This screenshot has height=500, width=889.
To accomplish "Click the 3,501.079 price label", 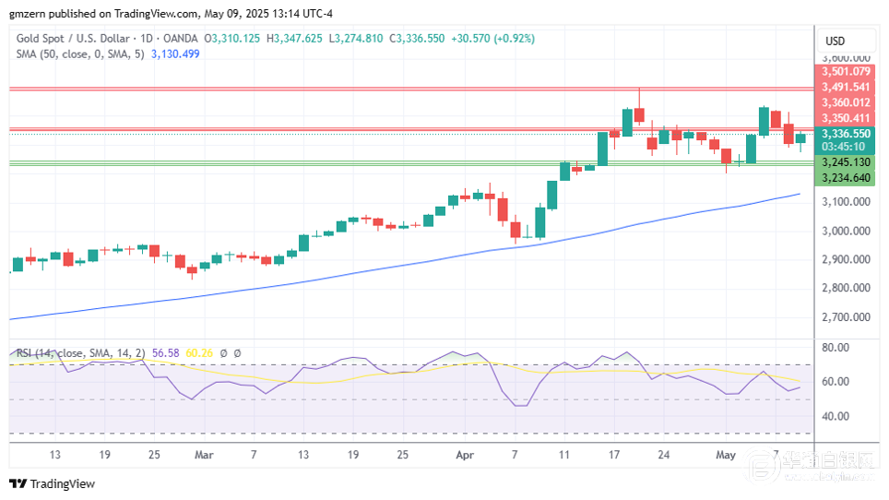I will (844, 71).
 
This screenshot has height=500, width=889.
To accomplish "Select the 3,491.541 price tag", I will (844, 87).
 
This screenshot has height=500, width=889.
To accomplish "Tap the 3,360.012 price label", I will (844, 102).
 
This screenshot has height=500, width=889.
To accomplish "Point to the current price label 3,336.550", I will (844, 134).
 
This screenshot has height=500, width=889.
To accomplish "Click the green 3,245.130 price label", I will (844, 162).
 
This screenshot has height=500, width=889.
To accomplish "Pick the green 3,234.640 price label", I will (844, 178).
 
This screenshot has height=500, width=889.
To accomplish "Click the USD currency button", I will (836, 42).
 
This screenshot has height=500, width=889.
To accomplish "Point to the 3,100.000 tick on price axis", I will (844, 202).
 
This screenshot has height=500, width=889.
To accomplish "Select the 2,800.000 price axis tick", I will (844, 289).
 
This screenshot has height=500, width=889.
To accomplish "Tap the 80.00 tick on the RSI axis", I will (836, 348).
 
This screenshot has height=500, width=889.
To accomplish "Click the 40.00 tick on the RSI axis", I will (836, 416).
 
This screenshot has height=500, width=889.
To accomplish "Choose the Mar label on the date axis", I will (204, 455).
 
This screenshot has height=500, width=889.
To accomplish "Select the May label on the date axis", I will (726, 455).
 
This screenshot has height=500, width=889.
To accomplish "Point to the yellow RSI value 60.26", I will (199, 352).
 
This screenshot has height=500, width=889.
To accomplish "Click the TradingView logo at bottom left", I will (53, 484).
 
